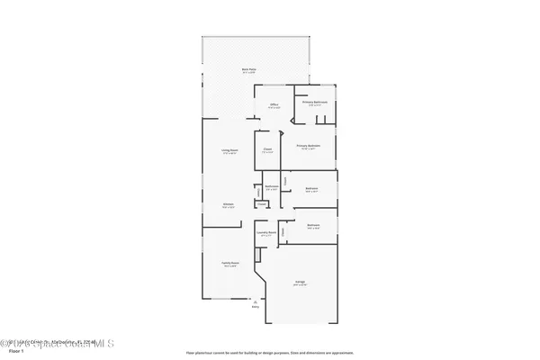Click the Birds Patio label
point(257,68)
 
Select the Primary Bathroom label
point(315,102)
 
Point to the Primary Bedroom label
point(310,145)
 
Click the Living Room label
point(229,150)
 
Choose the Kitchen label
point(229,204)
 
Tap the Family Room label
point(229,263)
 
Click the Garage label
point(300,282)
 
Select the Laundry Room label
point(265,231)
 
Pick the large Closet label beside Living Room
point(267,150)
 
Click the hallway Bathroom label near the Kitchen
point(272,187)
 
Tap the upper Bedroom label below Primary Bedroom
point(311,188)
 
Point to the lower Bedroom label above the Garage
point(313,225)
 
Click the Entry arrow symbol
point(258,301)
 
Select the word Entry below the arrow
point(258,307)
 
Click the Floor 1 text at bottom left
point(14,351)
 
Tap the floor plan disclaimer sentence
point(270,351)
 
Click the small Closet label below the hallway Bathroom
point(261,204)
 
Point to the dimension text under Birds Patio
point(257,72)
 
